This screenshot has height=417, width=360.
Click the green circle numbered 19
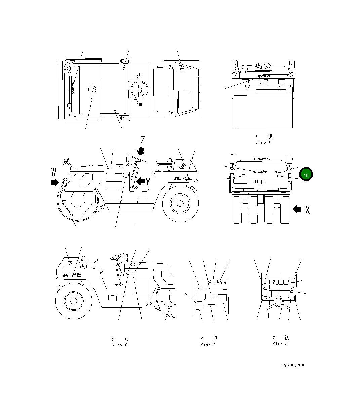pos(306,175)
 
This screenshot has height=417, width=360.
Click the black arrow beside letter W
pos(54,183)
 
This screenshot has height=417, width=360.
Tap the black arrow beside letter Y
pos(140,182)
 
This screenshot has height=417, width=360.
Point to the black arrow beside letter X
pos(297,209)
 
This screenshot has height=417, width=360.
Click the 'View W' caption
pos(263,143)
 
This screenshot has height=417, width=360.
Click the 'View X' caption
pos(120,345)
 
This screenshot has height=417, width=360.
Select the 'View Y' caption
pos(208,344)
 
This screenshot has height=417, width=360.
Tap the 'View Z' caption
pos(280,344)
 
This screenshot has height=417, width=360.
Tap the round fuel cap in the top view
pos(92,89)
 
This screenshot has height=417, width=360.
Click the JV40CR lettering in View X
pos(72,275)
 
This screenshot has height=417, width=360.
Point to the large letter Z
pos(143,140)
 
